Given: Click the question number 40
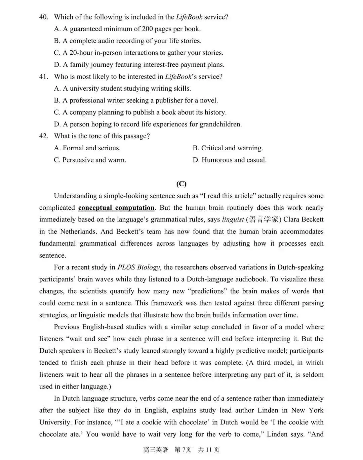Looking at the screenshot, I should click(x=44, y=17).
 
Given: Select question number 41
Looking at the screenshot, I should click(x=44, y=77).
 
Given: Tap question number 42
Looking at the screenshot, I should click(x=44, y=136).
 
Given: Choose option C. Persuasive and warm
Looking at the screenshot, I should click(x=90, y=160).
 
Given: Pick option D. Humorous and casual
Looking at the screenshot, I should click(x=230, y=160).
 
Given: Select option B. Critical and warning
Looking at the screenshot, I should click(x=228, y=148).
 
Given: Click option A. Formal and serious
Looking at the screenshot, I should click(x=87, y=148).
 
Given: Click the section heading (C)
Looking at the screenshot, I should click(x=181, y=184).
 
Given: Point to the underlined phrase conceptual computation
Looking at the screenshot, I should click(x=116, y=208).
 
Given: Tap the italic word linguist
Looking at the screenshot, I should click(x=233, y=220).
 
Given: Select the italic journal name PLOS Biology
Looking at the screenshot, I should click(x=138, y=267).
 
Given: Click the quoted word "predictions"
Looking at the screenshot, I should click(x=207, y=291).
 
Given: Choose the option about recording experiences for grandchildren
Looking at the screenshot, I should click(x=148, y=124).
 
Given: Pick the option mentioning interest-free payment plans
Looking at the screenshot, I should click(x=139, y=65).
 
